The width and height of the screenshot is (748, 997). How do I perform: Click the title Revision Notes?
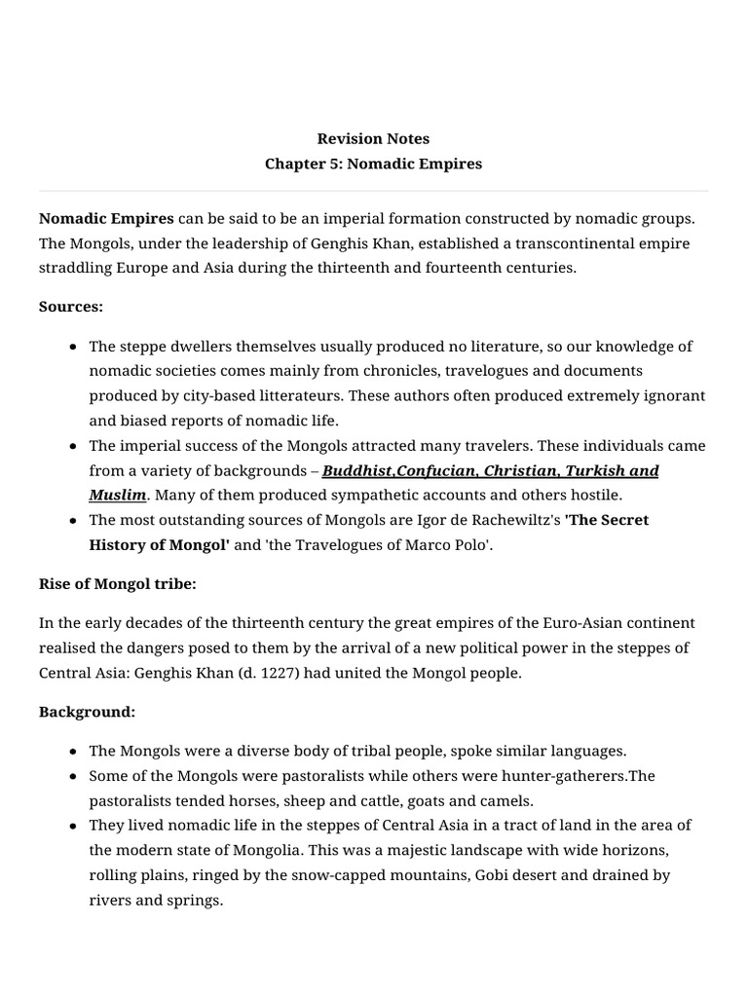coord(373,138)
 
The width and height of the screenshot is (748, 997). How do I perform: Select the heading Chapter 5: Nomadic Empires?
coord(373,164)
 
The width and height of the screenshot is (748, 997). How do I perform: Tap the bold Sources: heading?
coord(71,307)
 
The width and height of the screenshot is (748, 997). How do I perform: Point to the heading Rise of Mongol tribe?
coord(117,584)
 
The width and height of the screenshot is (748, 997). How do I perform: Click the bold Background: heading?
coord(87,712)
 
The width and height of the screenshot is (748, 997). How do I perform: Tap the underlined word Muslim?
coord(118,496)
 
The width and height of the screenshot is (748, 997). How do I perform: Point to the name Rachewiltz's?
coord(510,520)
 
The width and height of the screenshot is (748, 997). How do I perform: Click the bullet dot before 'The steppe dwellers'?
coord(74,347)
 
